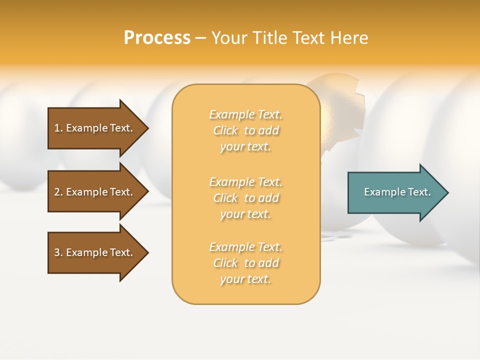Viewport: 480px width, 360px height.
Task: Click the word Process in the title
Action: pyautogui.click(x=157, y=37)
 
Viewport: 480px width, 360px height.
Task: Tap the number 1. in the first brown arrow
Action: pyautogui.click(x=58, y=128)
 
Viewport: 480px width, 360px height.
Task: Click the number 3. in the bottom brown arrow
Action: pyautogui.click(x=58, y=252)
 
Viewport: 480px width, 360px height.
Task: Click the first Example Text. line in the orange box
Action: pyautogui.click(x=245, y=114)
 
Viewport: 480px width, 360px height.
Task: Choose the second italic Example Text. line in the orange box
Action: pyautogui.click(x=245, y=181)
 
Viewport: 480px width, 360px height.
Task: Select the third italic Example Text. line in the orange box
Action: pyautogui.click(x=245, y=247)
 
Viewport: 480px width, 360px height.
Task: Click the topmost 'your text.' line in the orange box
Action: pyautogui.click(x=245, y=147)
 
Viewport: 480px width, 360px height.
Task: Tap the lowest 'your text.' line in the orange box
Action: pyautogui.click(x=245, y=279)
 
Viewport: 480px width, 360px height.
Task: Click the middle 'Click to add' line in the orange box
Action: pyautogui.click(x=245, y=198)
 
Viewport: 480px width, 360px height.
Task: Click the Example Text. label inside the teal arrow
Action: pyautogui.click(x=397, y=192)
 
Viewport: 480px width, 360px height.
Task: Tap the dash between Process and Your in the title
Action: pyautogui.click(x=200, y=38)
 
